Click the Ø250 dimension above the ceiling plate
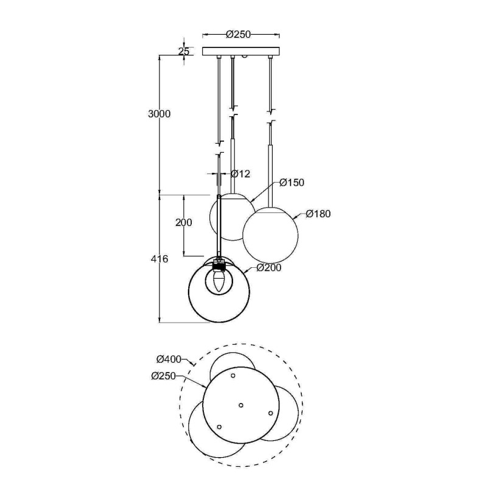pyautogui.click(x=239, y=35)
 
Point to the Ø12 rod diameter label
pyautogui.click(x=240, y=174)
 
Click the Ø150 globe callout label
pyautogui.click(x=292, y=183)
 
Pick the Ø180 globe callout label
pyautogui.click(x=318, y=214)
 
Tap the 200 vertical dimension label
pyautogui.click(x=183, y=223)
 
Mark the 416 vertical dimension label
pyautogui.click(x=159, y=259)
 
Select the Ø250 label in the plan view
pyautogui.click(x=164, y=376)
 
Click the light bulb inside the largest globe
pyautogui.click(x=219, y=282)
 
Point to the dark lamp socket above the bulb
pyautogui.click(x=219, y=266)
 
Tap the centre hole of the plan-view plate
pyautogui.click(x=241, y=404)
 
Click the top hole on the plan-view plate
pyautogui.click(x=234, y=377)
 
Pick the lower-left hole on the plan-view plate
pyautogui.click(x=220, y=426)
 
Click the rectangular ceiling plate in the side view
pyautogui.click(x=241, y=51)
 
